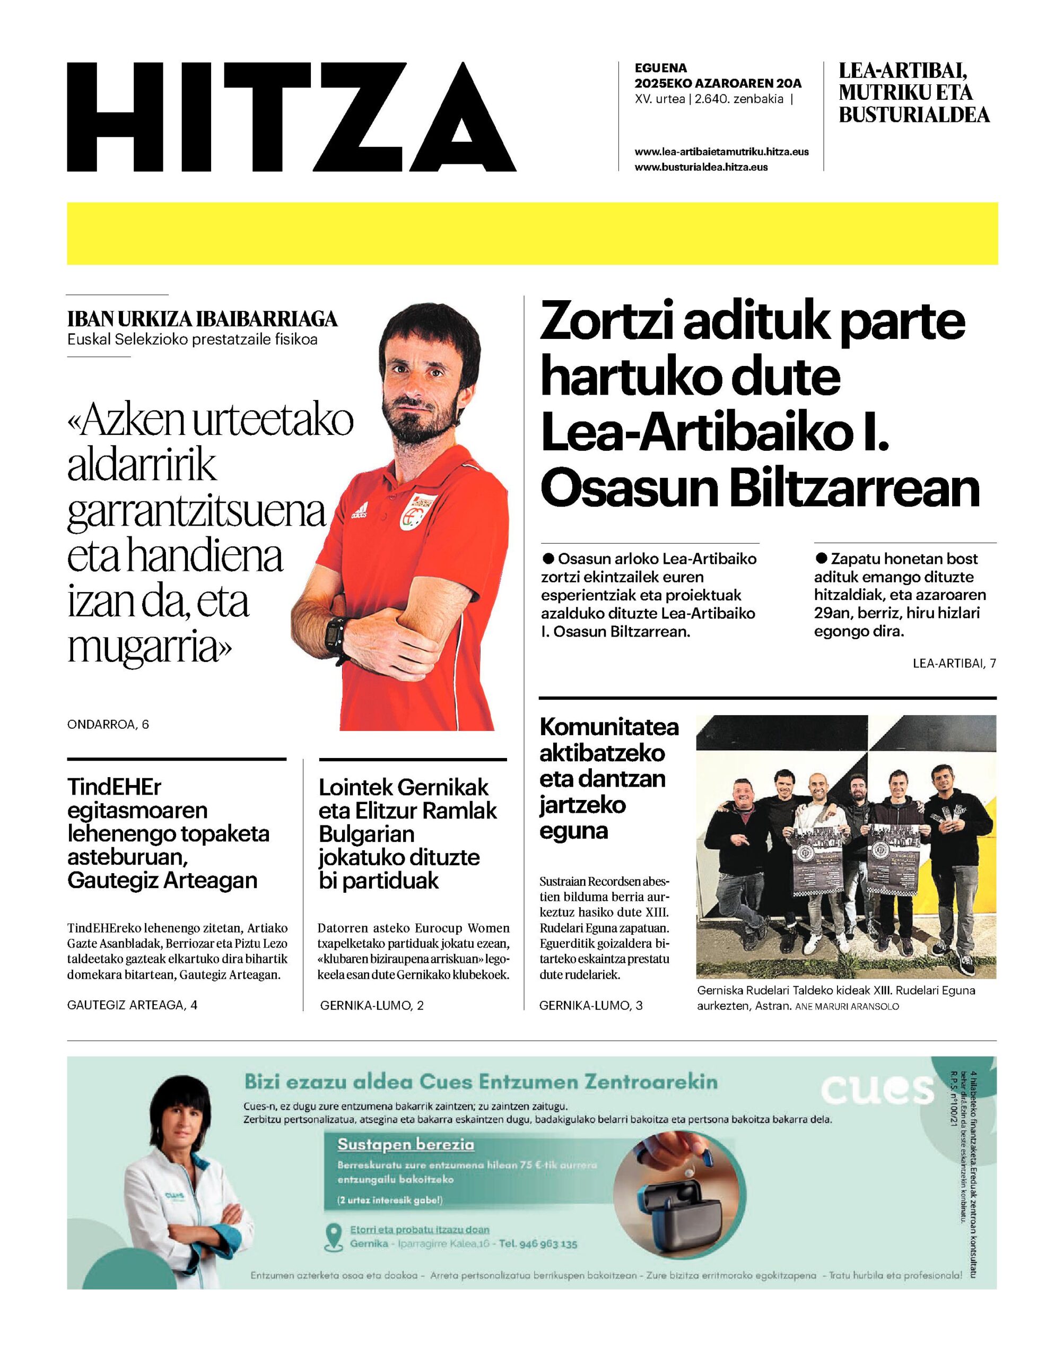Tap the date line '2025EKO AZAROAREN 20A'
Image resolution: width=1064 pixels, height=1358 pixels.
pos(718,83)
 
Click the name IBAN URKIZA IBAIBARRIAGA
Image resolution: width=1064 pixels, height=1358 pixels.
pos(203,319)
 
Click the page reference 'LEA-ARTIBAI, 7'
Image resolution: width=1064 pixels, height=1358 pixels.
pos(954,664)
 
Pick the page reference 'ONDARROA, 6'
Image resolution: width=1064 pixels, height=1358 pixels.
pos(108,725)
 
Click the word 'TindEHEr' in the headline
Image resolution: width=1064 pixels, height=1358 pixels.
pos(114,787)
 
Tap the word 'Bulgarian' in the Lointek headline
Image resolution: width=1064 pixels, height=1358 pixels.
pos(367,833)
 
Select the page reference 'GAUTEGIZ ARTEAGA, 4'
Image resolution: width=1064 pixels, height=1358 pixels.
pos(132,1005)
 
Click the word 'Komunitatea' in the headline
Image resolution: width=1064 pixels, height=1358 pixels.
pos(608,726)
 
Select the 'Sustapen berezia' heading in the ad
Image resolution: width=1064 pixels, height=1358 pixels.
pos(406,1144)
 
